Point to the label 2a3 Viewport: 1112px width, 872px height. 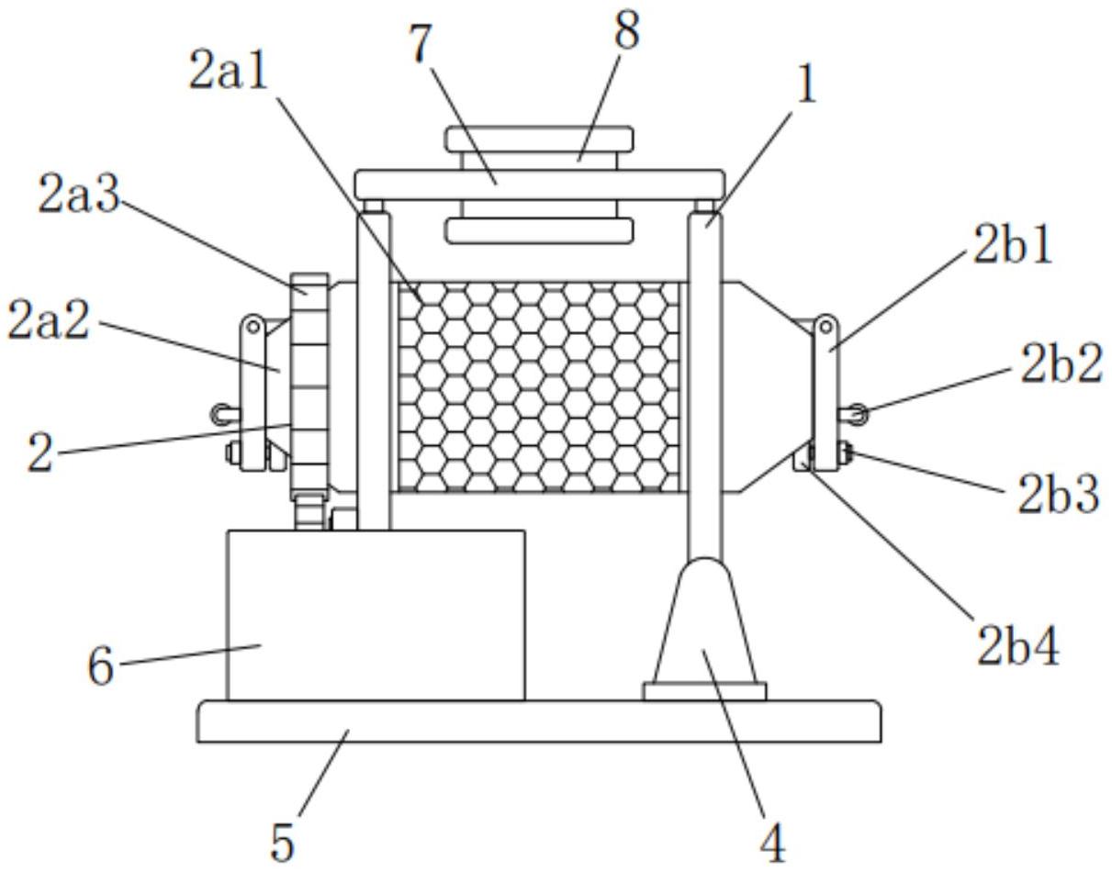tap(79, 195)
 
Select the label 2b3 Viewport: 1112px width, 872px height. tap(1058, 495)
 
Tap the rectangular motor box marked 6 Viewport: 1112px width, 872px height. tap(376, 615)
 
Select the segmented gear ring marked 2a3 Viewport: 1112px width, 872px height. tap(309, 386)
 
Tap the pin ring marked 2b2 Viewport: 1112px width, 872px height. tap(855, 414)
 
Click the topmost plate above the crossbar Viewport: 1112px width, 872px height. tap(539, 139)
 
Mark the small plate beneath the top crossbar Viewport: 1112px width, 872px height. tap(539, 229)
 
